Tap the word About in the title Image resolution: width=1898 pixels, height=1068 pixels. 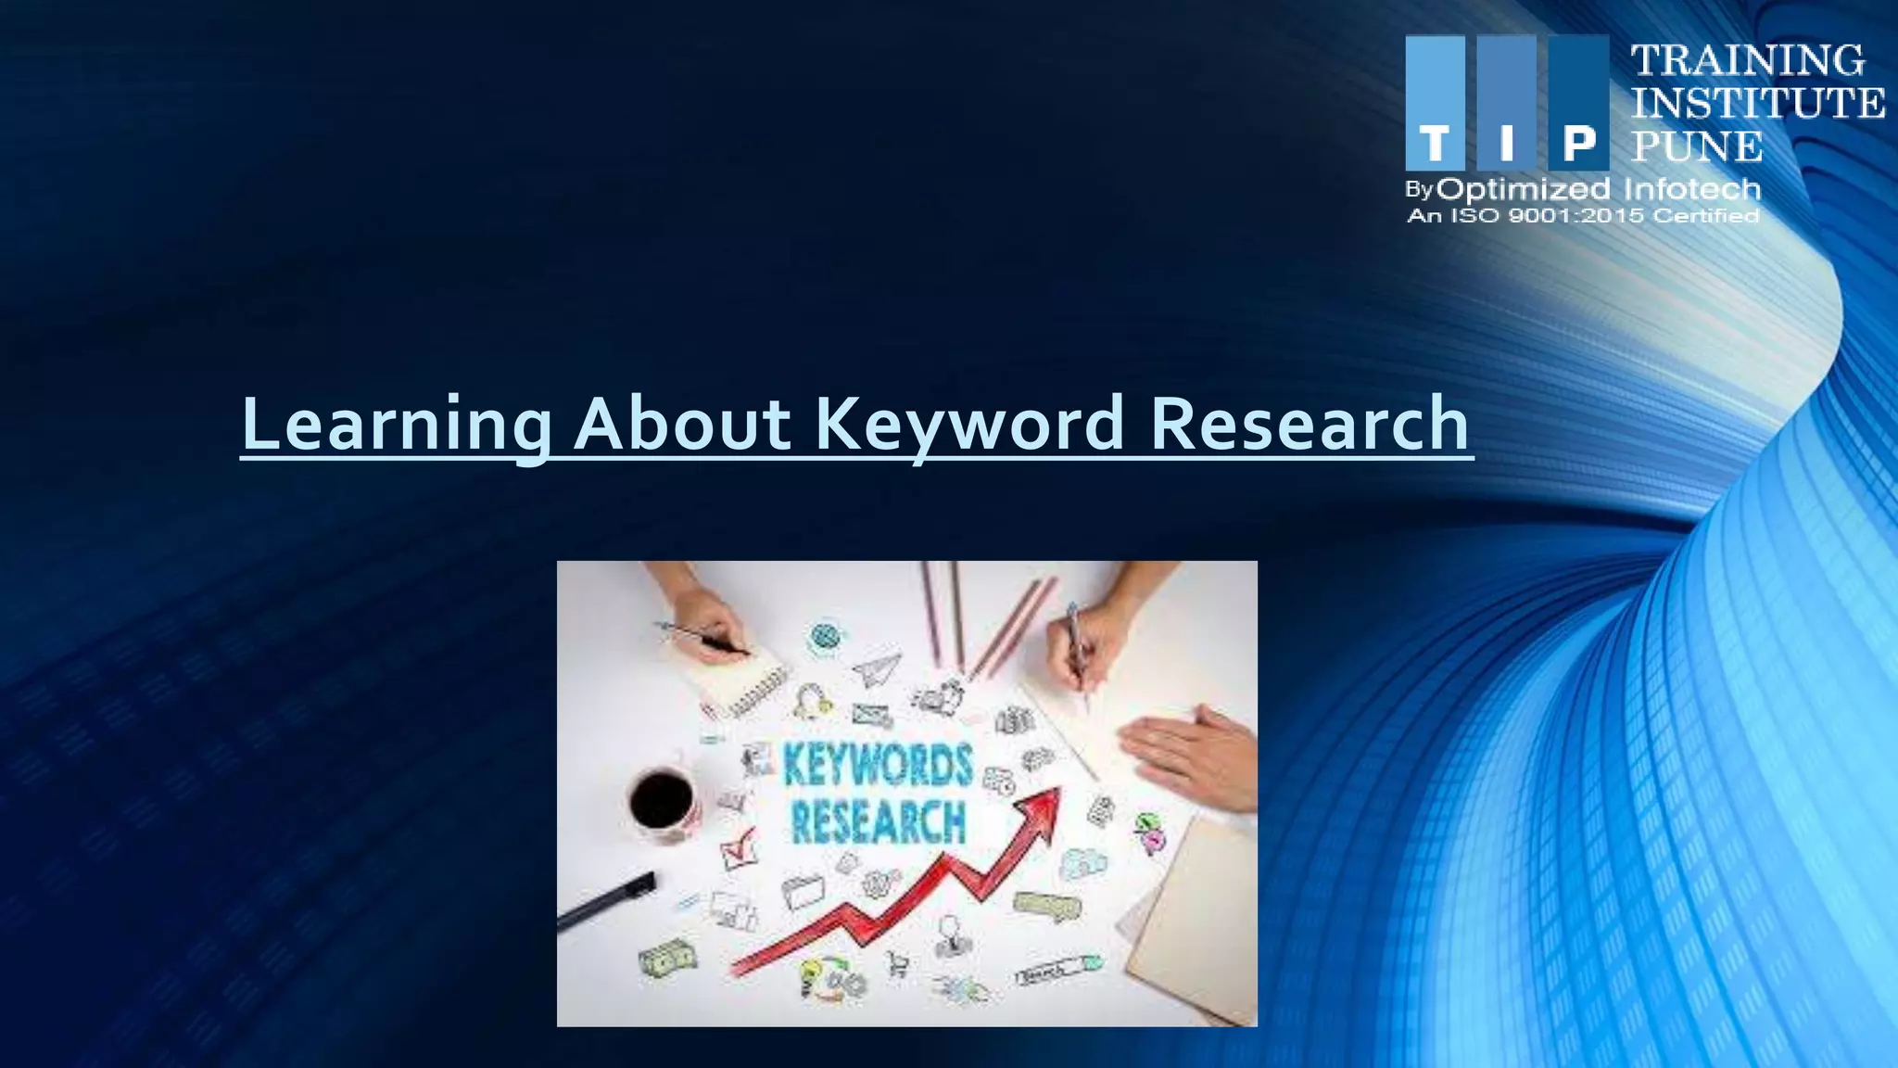(682, 425)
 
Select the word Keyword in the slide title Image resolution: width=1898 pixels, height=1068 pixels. (969, 425)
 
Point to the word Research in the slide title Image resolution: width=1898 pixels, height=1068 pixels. (1309, 425)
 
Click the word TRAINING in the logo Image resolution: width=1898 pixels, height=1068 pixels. (1748, 60)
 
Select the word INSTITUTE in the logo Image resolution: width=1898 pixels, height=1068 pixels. (1757, 103)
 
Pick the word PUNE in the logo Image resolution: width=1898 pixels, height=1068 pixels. (1697, 146)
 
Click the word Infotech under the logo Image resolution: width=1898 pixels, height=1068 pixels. (1691, 189)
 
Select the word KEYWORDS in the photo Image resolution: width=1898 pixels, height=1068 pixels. (878, 766)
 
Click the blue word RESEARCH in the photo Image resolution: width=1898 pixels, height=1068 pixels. (878, 822)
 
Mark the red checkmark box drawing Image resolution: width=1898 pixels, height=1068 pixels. (739, 848)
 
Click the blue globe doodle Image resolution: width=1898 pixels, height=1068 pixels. (823, 637)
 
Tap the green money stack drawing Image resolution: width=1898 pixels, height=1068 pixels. (668, 958)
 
